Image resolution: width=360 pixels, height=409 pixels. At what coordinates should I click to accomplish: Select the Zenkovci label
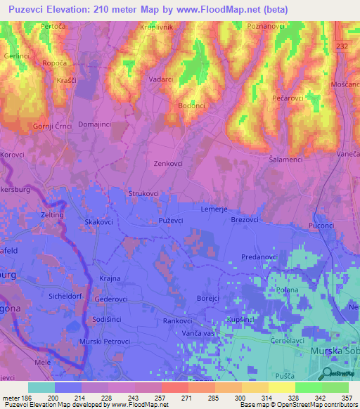point(169,162)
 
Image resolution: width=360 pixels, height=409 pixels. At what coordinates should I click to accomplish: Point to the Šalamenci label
point(287,160)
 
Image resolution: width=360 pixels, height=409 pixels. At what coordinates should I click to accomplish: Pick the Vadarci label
point(161,79)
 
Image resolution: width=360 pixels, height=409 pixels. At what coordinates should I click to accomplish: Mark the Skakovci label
point(99,221)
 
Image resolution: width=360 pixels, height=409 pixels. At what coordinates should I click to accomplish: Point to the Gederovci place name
point(111,299)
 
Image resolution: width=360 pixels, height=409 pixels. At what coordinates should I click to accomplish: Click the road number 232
point(342,46)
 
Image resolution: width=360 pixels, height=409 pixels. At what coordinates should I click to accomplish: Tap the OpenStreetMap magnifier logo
point(325,373)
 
